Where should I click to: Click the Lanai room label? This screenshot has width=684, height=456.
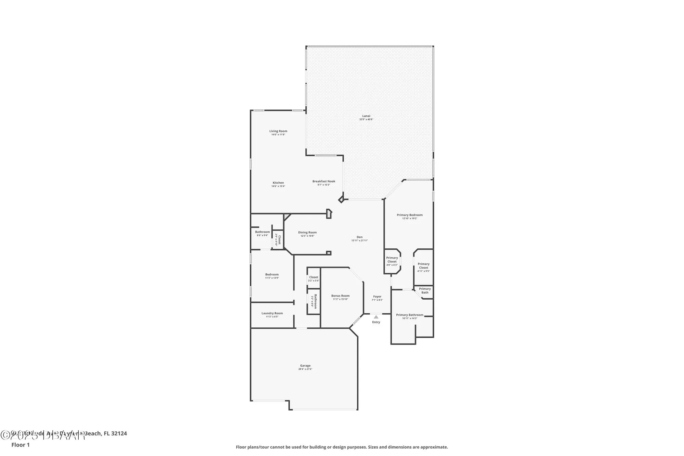click(x=366, y=116)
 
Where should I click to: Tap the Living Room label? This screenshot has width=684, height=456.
click(x=278, y=131)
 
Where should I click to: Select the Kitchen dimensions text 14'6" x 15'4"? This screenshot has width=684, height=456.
click(x=278, y=186)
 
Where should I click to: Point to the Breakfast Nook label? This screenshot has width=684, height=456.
click(x=324, y=181)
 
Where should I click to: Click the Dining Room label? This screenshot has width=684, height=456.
click(x=307, y=232)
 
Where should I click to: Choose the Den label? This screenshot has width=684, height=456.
click(x=359, y=237)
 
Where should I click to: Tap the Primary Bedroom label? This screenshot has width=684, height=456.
click(x=409, y=215)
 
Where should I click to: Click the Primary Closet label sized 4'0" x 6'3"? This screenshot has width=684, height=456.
click(x=392, y=260)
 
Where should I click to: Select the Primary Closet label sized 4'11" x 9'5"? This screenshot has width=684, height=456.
click(x=423, y=266)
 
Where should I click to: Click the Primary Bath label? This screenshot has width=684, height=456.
click(x=425, y=290)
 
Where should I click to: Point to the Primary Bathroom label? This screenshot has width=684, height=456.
click(x=409, y=315)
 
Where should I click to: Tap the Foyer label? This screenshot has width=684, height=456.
click(x=377, y=297)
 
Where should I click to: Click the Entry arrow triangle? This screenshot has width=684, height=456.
click(x=376, y=317)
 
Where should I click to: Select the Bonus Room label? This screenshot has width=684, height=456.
click(x=340, y=296)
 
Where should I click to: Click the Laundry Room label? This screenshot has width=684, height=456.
click(x=272, y=313)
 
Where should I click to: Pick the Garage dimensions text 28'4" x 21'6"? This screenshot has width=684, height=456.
click(x=305, y=369)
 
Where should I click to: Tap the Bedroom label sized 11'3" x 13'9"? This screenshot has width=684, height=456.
click(x=272, y=274)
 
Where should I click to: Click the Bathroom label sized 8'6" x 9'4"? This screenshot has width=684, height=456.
click(x=262, y=232)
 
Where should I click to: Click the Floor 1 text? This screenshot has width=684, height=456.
click(x=21, y=445)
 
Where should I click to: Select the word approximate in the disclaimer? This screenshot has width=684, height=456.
click(x=434, y=447)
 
